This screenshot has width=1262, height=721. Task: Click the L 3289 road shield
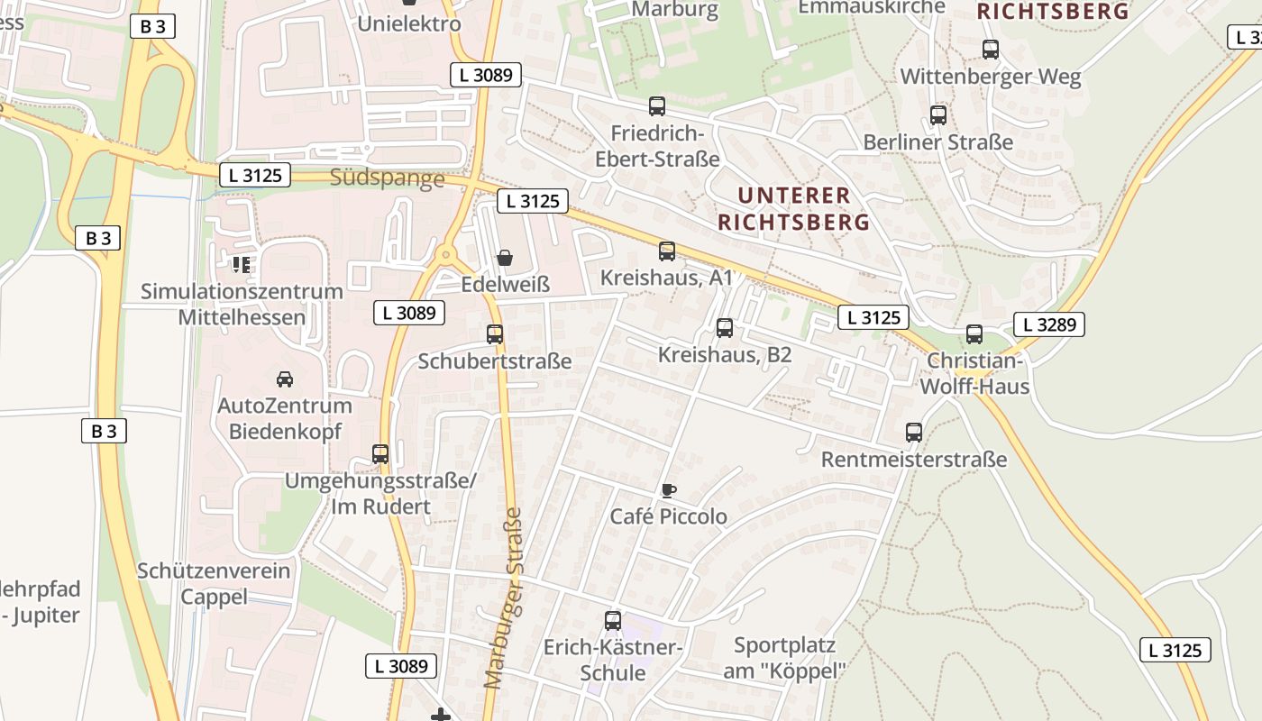1048,324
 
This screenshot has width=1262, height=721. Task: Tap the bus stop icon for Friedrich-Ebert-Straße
657,106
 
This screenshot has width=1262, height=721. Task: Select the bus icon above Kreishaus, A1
667,251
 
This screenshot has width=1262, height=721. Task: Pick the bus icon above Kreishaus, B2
725,328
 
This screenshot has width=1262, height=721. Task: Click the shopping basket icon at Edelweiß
505,259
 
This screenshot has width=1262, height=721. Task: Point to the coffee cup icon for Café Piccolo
668,490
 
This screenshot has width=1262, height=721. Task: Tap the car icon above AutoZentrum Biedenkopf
285,379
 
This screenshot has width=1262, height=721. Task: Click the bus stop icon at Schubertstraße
495,334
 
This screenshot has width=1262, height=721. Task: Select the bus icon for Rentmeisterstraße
914,433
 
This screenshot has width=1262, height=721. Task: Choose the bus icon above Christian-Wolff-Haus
974,334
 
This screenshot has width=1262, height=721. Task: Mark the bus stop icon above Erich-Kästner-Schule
613,621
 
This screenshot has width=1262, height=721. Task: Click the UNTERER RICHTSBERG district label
793,208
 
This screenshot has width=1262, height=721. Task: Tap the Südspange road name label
388,178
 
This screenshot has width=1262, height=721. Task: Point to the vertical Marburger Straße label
503,598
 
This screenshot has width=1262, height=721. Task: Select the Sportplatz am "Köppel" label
784,658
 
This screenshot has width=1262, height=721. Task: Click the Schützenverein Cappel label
214,584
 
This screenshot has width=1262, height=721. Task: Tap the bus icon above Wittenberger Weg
991,50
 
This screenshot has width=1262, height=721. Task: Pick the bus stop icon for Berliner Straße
938,115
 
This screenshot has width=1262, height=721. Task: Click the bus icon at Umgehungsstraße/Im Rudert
380,453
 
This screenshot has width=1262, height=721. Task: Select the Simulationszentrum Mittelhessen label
242,305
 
